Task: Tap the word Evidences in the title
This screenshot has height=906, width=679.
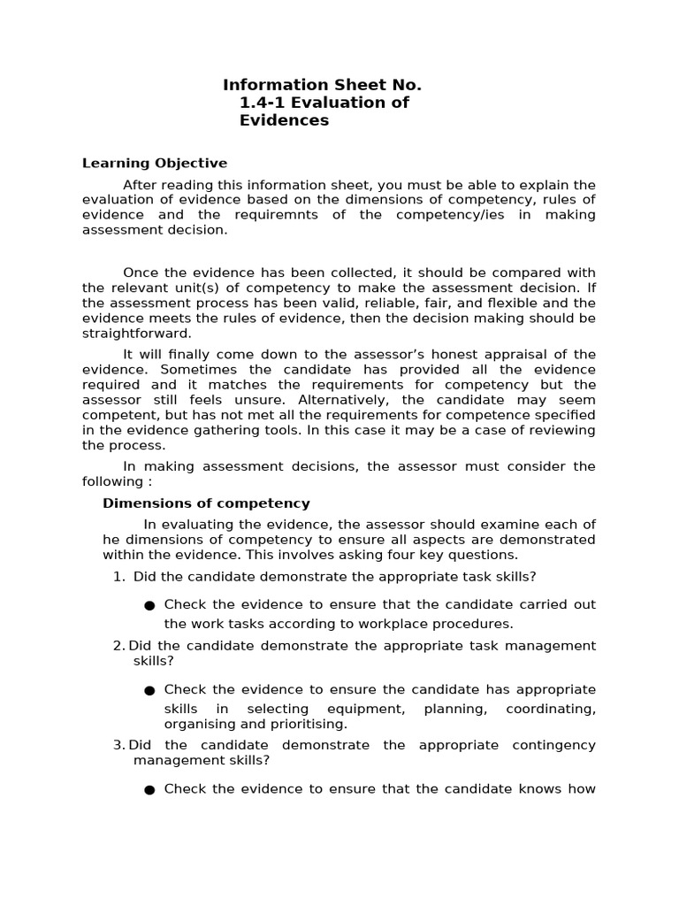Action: pyautogui.click(x=284, y=120)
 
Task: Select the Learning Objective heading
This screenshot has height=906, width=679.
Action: pyautogui.click(x=154, y=163)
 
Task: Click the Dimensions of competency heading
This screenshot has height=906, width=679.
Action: pyautogui.click(x=206, y=503)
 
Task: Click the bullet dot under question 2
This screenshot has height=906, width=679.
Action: pyautogui.click(x=149, y=690)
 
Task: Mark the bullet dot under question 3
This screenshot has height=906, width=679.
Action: pyautogui.click(x=149, y=790)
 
